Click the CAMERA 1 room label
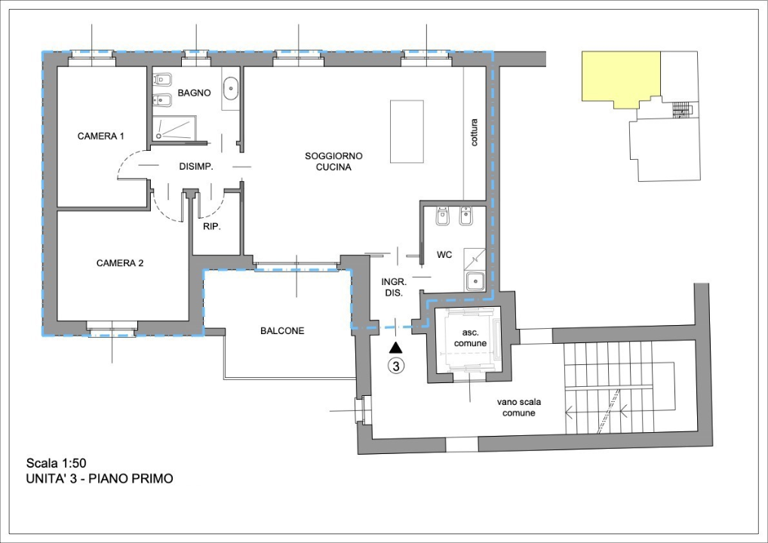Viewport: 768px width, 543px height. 101,136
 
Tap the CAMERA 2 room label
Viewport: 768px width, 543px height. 120,263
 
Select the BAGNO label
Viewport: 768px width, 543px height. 195,93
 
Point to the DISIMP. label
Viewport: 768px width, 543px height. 196,167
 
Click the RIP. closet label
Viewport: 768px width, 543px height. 212,227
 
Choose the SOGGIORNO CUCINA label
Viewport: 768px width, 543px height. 333,161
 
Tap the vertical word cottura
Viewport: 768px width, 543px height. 474,132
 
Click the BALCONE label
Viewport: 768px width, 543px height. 282,331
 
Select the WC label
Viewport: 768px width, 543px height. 444,255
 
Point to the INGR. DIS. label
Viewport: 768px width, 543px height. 394,288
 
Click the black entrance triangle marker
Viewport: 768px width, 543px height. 396,348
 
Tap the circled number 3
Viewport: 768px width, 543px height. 396,365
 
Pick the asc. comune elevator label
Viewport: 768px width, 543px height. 470,339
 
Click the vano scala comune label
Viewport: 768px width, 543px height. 519,407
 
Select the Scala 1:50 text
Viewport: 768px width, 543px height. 57,463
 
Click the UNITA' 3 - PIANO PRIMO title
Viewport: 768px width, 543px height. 100,478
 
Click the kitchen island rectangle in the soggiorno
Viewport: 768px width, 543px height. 407,131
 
